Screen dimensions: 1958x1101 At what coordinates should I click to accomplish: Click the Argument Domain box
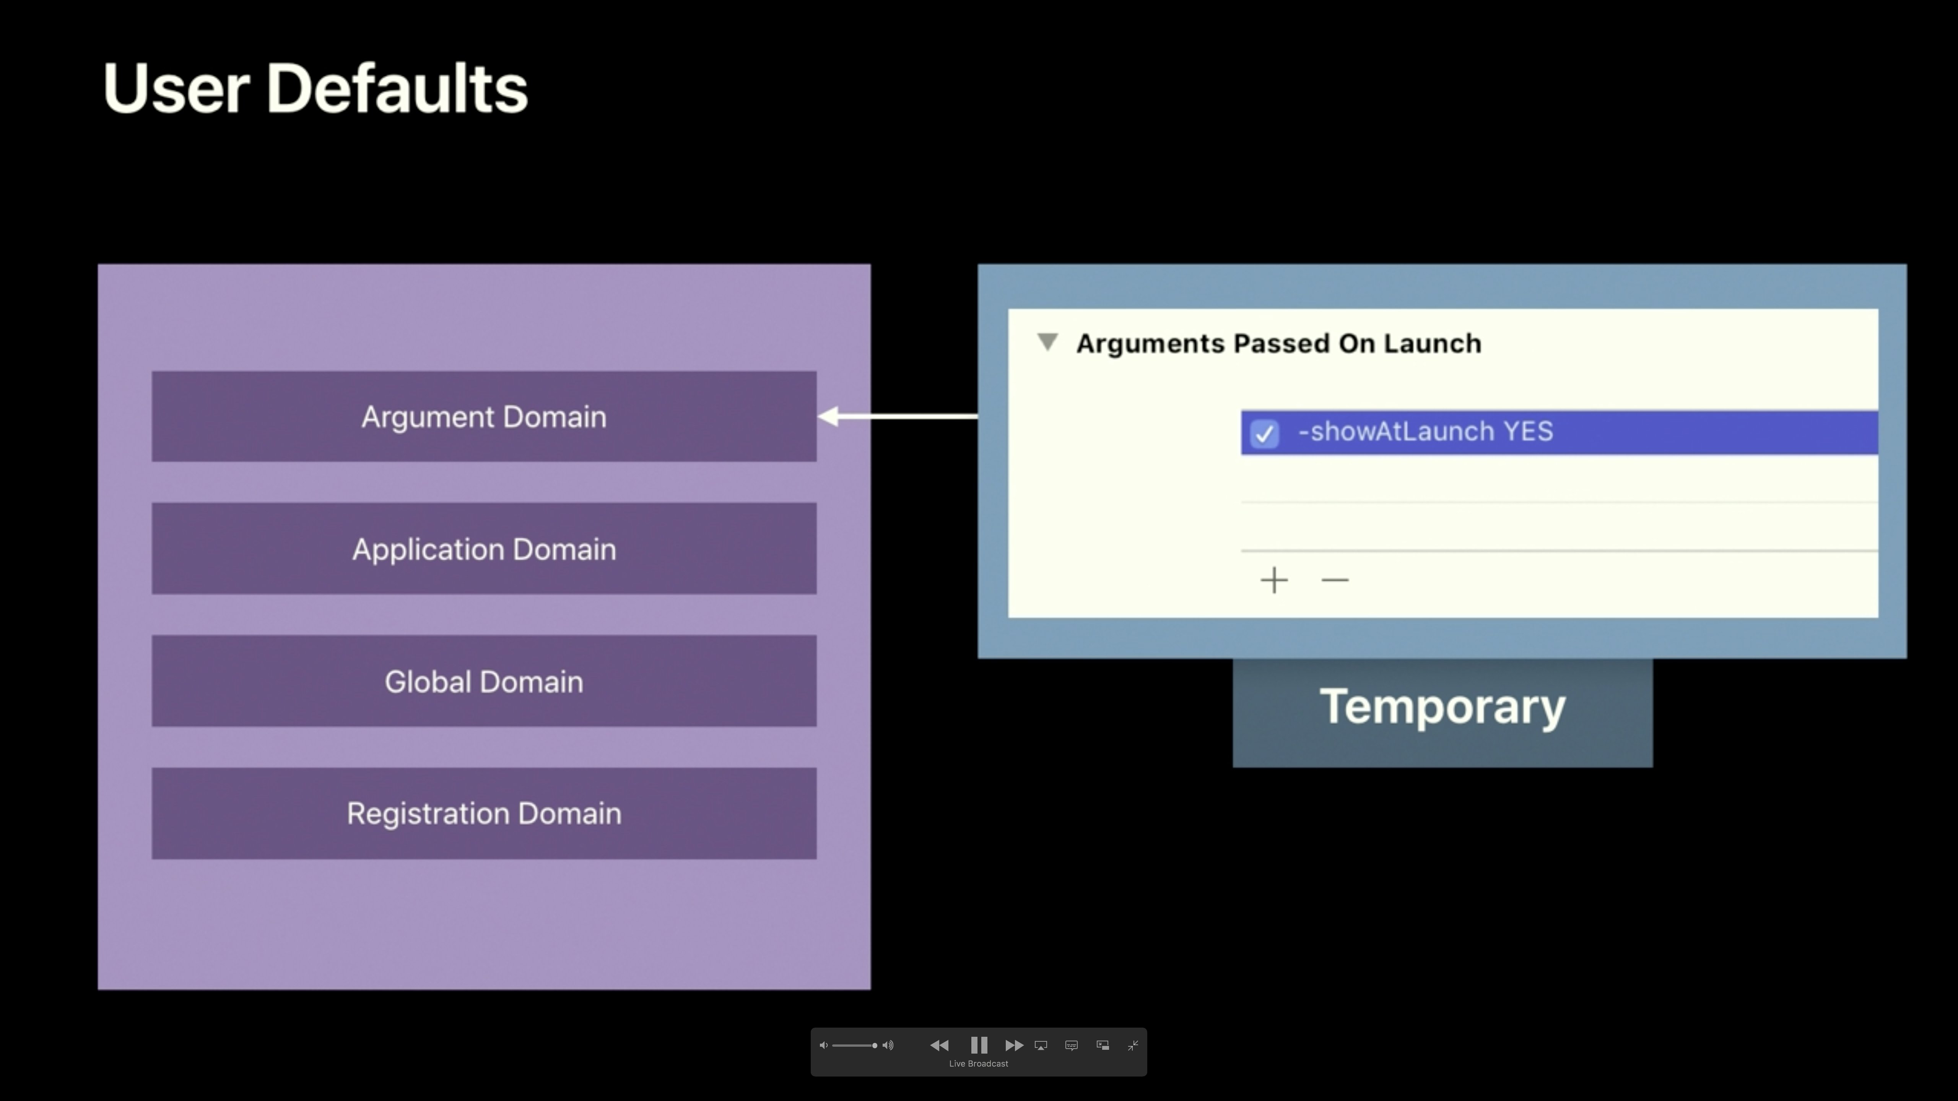point(484,416)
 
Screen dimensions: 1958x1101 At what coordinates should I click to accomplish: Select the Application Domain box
point(484,549)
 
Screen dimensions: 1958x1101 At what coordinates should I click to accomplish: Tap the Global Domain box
point(484,681)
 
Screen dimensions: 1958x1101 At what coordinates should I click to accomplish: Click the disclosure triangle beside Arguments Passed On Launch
point(1047,342)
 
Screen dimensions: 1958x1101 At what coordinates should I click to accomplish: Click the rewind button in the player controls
point(940,1046)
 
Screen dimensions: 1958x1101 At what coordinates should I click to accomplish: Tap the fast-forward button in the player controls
point(1014,1046)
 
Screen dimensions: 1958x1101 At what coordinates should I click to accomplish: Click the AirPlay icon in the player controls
point(1041,1046)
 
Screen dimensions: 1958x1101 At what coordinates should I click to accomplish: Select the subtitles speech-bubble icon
point(1072,1046)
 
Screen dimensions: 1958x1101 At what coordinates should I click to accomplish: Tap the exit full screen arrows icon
point(1132,1046)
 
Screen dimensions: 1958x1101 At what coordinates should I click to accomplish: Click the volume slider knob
point(875,1046)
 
